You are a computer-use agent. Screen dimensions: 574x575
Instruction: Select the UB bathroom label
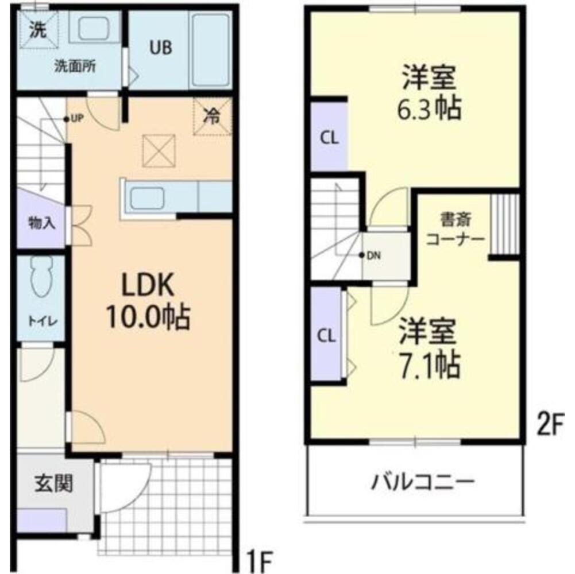tap(161, 48)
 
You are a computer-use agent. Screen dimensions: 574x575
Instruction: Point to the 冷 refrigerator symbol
tap(212, 117)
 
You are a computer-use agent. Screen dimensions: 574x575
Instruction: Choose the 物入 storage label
tap(42, 223)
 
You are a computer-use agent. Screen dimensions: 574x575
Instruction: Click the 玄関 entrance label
tap(54, 484)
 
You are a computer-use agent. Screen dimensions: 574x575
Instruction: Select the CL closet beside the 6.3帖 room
tap(329, 138)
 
